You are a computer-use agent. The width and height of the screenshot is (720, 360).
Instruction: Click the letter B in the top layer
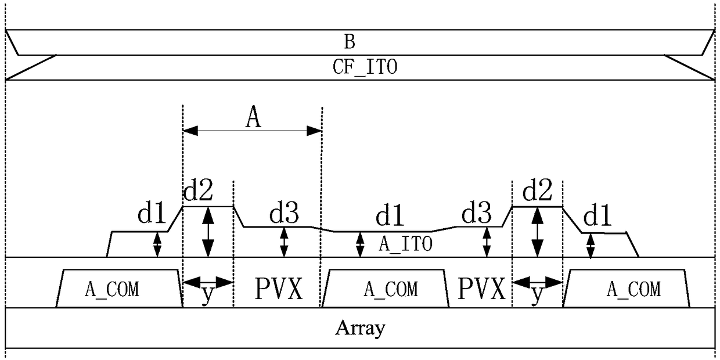350,42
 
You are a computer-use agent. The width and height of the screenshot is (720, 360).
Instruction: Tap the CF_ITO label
365,67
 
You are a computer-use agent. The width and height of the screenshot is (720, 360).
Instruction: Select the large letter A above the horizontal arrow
253,116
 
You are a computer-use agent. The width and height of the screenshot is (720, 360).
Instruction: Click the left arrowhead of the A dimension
190,131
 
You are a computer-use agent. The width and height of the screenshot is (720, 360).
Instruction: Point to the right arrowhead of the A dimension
314,131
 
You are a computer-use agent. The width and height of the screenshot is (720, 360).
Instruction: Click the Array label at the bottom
360,328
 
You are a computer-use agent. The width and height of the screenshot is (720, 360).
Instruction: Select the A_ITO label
406,244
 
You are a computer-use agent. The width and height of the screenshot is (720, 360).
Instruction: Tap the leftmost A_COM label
112,289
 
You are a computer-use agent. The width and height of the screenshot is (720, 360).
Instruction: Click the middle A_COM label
391,289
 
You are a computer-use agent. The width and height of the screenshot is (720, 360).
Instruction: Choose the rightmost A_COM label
633,289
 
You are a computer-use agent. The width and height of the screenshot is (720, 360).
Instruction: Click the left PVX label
279,289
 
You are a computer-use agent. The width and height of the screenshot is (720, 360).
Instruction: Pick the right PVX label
481,289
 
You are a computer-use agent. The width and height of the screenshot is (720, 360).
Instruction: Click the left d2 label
198,190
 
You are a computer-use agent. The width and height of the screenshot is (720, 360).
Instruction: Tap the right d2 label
537,190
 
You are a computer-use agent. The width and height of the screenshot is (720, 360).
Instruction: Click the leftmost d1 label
152,213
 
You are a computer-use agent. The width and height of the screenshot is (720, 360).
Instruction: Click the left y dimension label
208,295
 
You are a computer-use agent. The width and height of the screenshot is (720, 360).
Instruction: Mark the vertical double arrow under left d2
208,232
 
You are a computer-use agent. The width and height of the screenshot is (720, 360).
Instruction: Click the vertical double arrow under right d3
487,242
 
